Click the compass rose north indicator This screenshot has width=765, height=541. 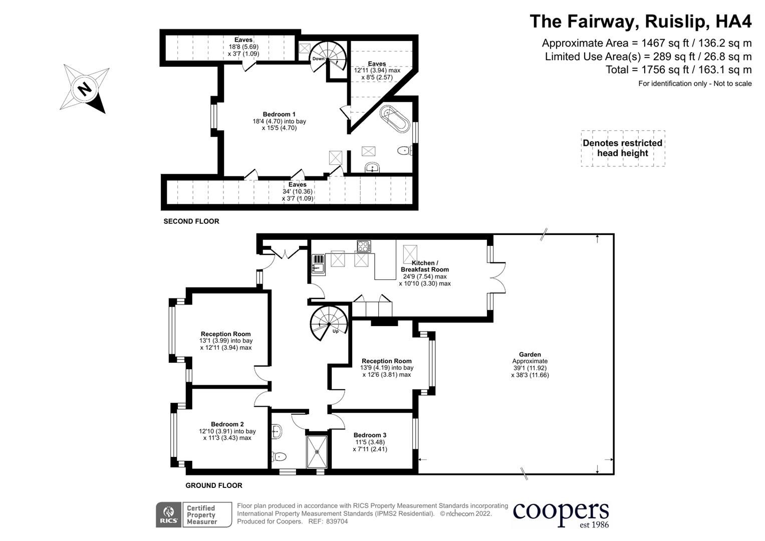[84, 89]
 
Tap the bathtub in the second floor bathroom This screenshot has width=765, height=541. [394, 119]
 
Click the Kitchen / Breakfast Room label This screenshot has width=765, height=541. [424, 266]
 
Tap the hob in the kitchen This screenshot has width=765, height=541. [364, 246]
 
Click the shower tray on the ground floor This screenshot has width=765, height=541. [317, 451]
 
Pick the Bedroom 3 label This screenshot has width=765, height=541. [370, 435]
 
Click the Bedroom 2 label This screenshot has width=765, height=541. [227, 424]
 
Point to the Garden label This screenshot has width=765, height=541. [530, 354]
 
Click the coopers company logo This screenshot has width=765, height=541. [561, 513]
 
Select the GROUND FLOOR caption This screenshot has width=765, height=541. [214, 485]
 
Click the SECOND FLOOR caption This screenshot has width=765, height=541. [191, 221]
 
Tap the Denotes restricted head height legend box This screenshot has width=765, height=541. [623, 148]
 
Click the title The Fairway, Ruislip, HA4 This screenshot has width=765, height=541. [641, 22]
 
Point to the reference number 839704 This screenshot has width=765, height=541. [337, 521]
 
